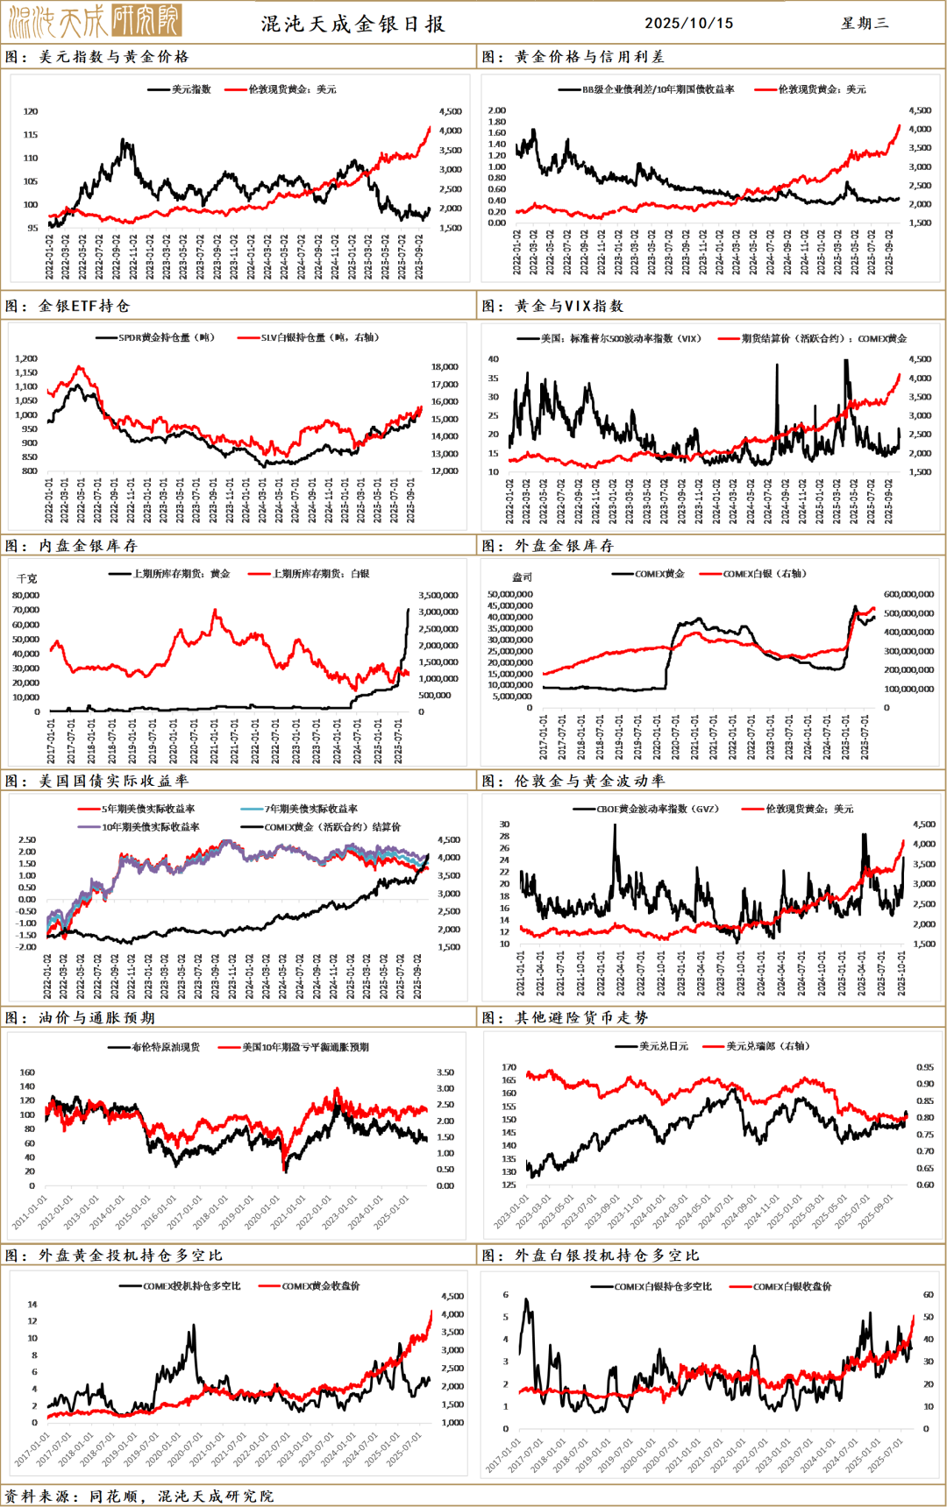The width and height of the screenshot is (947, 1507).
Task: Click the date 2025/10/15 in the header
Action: coord(688,24)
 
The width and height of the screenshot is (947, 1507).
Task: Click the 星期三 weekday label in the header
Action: coord(865,24)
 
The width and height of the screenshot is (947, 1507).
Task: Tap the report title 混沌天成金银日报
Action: coord(353,24)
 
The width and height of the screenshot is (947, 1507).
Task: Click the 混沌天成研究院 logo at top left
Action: coord(95,20)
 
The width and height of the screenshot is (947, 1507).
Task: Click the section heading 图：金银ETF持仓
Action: coord(68,306)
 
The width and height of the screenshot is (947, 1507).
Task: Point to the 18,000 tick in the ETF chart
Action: coord(445,367)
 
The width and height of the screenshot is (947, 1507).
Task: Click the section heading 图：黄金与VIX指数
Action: coord(553,306)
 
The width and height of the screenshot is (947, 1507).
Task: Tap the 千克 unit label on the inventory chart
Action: coord(27,579)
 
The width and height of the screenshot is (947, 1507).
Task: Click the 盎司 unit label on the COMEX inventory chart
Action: coord(522,577)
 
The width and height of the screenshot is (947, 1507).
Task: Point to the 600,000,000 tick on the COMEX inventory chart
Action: coord(908,594)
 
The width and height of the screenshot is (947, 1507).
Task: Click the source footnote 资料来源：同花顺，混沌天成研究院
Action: coord(140,1496)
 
